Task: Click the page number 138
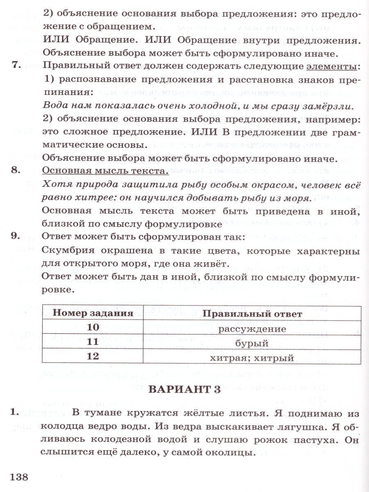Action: (19, 477)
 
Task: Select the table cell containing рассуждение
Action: (252, 329)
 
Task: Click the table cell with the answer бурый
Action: (252, 343)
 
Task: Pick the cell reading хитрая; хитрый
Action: (252, 358)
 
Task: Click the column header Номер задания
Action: (93, 314)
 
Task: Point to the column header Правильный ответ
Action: (252, 314)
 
